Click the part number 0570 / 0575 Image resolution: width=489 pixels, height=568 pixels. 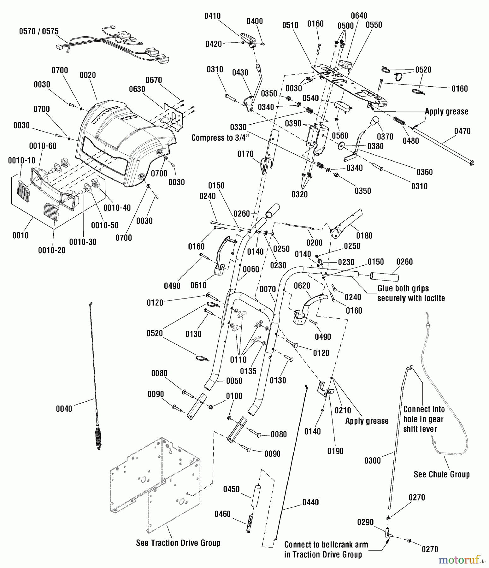click(x=39, y=31)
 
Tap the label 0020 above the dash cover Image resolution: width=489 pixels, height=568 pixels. click(x=88, y=75)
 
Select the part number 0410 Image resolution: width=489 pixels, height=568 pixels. click(x=212, y=16)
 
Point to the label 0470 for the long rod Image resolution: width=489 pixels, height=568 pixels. click(x=462, y=131)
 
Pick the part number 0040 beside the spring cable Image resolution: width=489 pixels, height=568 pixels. click(x=64, y=409)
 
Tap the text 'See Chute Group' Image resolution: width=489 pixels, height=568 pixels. click(x=441, y=475)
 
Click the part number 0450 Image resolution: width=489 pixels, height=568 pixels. click(x=231, y=489)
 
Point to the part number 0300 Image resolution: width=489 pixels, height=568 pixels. click(x=373, y=461)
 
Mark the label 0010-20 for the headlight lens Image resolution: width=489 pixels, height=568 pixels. click(x=52, y=250)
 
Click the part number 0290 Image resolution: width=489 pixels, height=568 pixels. click(x=365, y=522)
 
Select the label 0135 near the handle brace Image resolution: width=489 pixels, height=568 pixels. click(x=248, y=371)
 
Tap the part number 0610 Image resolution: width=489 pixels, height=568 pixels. click(x=198, y=285)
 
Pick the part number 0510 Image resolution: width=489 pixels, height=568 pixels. click(x=290, y=25)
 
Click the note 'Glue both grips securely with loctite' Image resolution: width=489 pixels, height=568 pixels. click(x=411, y=293)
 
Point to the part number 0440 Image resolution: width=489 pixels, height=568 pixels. click(x=310, y=502)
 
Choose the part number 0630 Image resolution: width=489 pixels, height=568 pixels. click(x=137, y=89)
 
